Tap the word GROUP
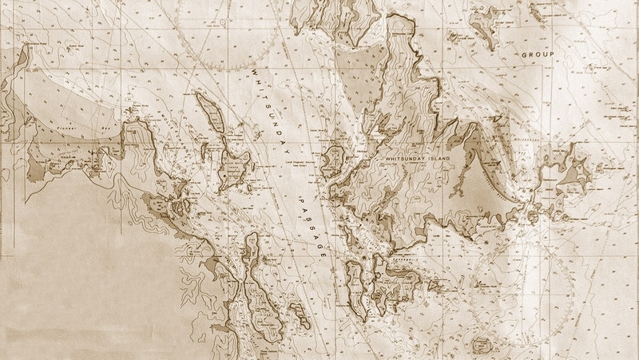click(538, 55)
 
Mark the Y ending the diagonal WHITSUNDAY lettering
click(288, 151)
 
